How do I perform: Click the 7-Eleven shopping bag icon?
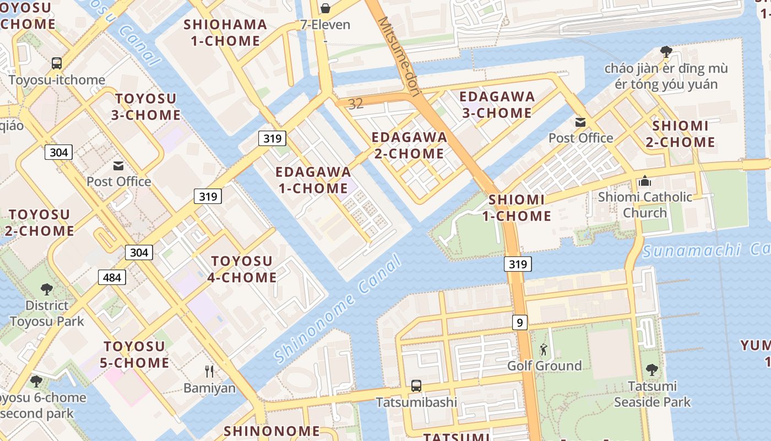tap(325, 8)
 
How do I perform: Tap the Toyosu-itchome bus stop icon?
tap(57, 63)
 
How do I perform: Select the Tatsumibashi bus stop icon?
tap(416, 385)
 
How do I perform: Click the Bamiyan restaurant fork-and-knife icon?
tap(209, 371)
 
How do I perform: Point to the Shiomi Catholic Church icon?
tap(645, 181)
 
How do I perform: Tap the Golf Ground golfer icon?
tap(544, 349)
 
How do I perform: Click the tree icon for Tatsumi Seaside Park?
tap(652, 369)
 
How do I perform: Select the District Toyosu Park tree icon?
tap(47, 289)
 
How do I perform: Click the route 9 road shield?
tap(519, 322)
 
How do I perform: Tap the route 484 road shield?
tap(112, 277)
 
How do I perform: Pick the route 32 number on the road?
tap(356, 104)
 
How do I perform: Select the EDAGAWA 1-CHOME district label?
tap(313, 180)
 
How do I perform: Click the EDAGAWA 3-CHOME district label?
tap(497, 105)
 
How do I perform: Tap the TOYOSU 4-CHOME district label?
tap(242, 269)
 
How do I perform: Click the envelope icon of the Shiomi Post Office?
tap(580, 122)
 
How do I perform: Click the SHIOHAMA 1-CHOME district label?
tap(225, 33)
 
